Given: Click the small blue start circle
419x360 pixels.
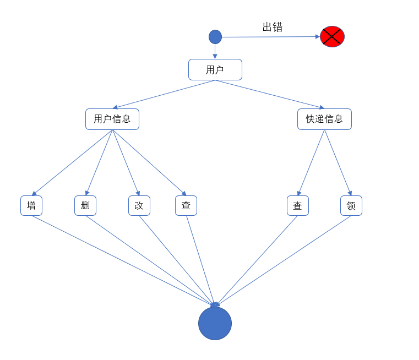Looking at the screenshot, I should click(215, 37).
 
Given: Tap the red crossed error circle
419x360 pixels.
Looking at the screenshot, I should click(332, 36).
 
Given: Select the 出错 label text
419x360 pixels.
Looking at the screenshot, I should click(273, 27).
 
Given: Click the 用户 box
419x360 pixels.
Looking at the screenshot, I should click(215, 70).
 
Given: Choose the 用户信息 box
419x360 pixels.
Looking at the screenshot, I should click(112, 119).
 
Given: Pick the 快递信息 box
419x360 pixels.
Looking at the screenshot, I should click(324, 119).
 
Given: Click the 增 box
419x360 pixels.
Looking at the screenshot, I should click(31, 205).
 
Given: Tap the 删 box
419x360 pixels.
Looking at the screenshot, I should click(85, 205).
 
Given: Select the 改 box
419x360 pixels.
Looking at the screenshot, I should click(139, 205).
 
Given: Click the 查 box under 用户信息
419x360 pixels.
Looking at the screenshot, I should click(186, 205).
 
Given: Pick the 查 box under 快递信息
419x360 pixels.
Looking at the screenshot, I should click(297, 205).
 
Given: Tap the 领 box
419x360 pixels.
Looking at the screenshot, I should click(351, 205).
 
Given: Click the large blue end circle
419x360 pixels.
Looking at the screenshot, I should click(215, 323).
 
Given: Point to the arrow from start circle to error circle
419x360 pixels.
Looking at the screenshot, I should click(270, 37).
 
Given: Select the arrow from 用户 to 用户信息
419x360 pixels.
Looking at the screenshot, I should click(164, 94).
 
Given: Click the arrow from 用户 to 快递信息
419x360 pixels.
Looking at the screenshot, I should click(269, 94).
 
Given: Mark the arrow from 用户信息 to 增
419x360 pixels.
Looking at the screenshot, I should click(72, 162).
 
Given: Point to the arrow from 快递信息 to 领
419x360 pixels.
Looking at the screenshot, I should click(338, 162).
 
